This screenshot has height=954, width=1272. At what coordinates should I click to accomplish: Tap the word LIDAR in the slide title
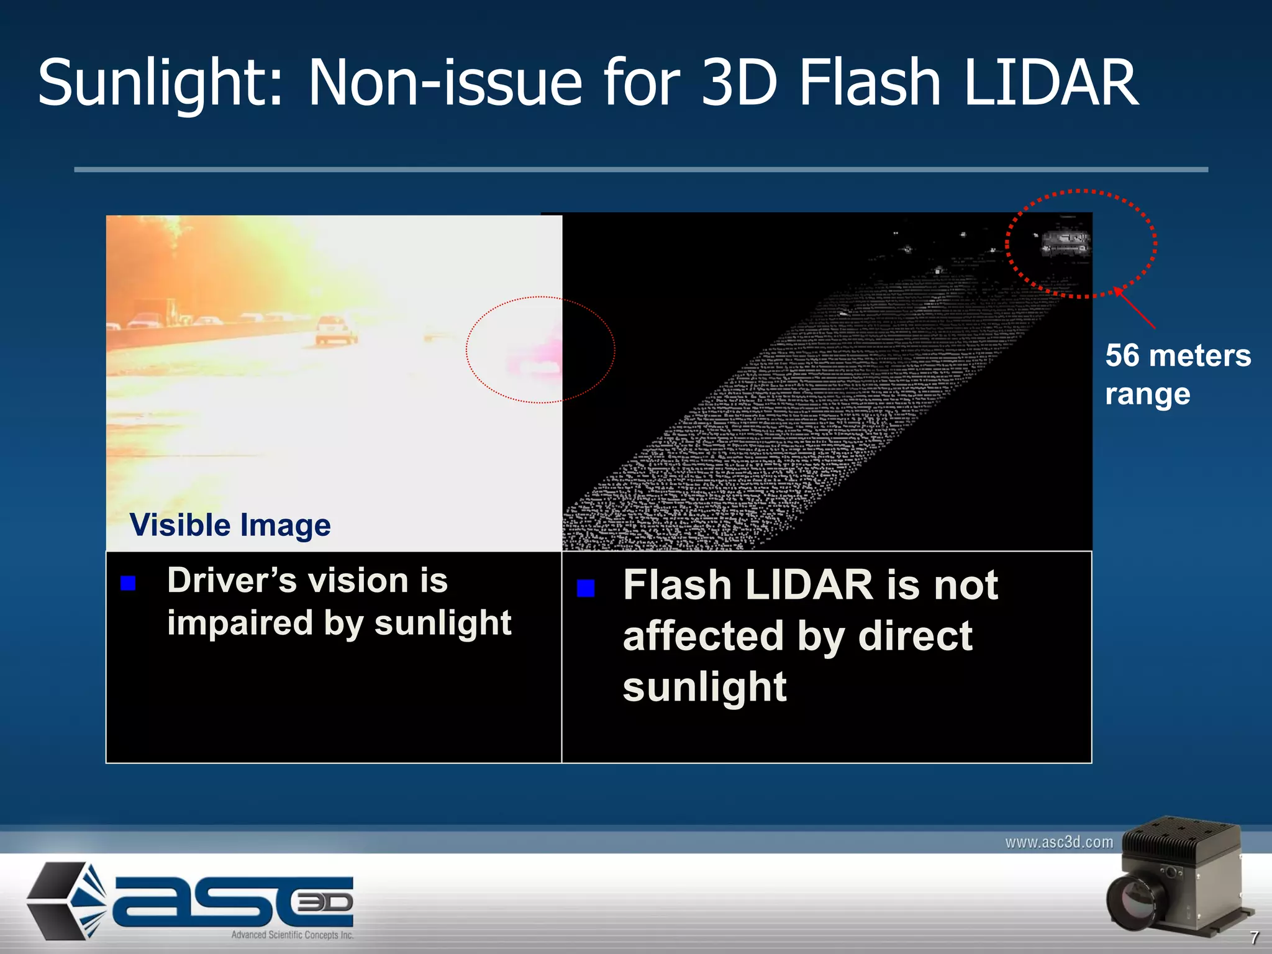pyautogui.click(x=1051, y=83)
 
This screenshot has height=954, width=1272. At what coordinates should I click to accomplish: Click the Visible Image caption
pyautogui.click(x=230, y=525)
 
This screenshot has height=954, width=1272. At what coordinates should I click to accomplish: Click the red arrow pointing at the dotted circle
pyautogui.click(x=1135, y=307)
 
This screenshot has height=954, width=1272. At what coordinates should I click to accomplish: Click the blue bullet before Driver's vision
pyautogui.click(x=128, y=583)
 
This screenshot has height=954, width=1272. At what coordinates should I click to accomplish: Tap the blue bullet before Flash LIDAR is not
pyautogui.click(x=586, y=588)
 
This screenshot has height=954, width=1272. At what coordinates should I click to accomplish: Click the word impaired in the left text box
pyautogui.click(x=240, y=623)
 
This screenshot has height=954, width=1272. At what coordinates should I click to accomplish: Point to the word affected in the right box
pyautogui.click(x=703, y=636)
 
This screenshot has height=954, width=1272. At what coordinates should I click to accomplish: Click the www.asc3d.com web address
pyautogui.click(x=1059, y=842)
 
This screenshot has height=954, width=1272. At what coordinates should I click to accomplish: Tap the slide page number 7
pyautogui.click(x=1254, y=937)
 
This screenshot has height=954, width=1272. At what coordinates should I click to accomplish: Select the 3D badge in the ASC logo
pyautogui.click(x=325, y=902)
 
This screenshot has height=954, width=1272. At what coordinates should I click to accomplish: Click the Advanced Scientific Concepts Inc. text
pyautogui.click(x=292, y=935)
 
